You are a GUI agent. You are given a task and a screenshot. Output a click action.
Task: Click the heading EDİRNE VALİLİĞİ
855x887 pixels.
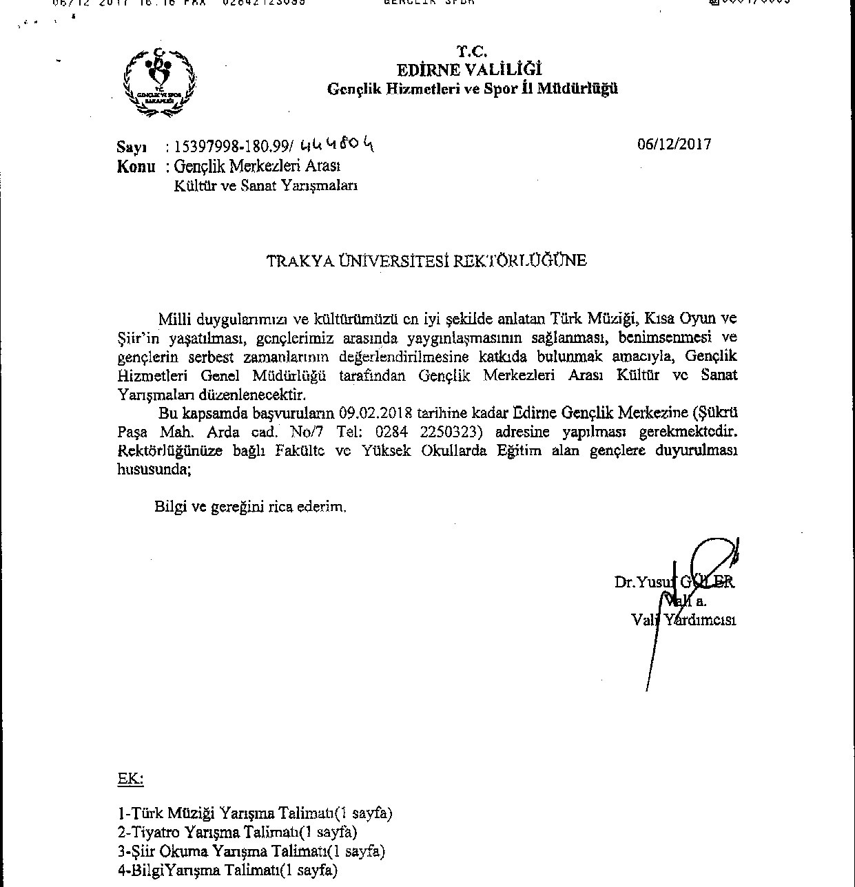[x=469, y=70]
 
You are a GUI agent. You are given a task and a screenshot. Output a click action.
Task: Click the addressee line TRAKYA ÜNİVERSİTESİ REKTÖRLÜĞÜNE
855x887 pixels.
[x=427, y=261]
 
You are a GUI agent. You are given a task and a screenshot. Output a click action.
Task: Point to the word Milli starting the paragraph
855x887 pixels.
[x=175, y=320]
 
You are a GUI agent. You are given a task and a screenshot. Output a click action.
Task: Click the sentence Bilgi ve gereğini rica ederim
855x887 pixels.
[x=250, y=508]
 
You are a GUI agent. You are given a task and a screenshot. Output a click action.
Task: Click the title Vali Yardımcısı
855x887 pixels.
[x=684, y=619]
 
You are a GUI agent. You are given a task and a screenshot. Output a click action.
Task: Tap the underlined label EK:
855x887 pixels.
[x=130, y=779]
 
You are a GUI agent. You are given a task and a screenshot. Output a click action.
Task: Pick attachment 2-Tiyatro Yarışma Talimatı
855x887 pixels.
[x=238, y=832]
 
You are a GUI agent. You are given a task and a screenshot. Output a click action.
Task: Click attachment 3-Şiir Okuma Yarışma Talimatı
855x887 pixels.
[x=251, y=851]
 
